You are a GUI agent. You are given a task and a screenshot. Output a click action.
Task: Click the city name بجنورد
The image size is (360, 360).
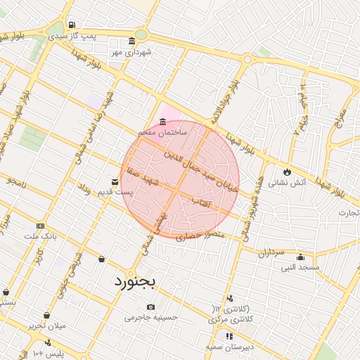click(x=138, y=283)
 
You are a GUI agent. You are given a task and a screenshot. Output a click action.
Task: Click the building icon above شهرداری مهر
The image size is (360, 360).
click(x=132, y=41)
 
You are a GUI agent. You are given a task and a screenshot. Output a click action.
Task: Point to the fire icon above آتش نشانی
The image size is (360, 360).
click(x=286, y=172)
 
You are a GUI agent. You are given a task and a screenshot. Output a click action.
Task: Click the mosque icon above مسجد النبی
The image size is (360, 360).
click(x=300, y=257)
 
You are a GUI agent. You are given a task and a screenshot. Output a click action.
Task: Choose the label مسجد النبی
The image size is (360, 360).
click(x=300, y=268)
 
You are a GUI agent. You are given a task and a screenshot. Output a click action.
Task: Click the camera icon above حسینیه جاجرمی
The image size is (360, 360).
click(x=150, y=307)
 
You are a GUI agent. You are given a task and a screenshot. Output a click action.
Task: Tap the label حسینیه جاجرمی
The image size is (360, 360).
click(x=148, y=318)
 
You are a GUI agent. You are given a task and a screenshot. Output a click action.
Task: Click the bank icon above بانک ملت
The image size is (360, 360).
click(x=40, y=226)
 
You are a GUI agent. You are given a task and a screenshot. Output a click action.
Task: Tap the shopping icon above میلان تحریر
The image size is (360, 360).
click(x=46, y=316)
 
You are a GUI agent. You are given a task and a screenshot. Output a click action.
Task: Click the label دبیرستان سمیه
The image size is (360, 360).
click(x=229, y=347)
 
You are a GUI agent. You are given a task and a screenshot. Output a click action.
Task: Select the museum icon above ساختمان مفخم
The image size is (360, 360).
click(x=163, y=120)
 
